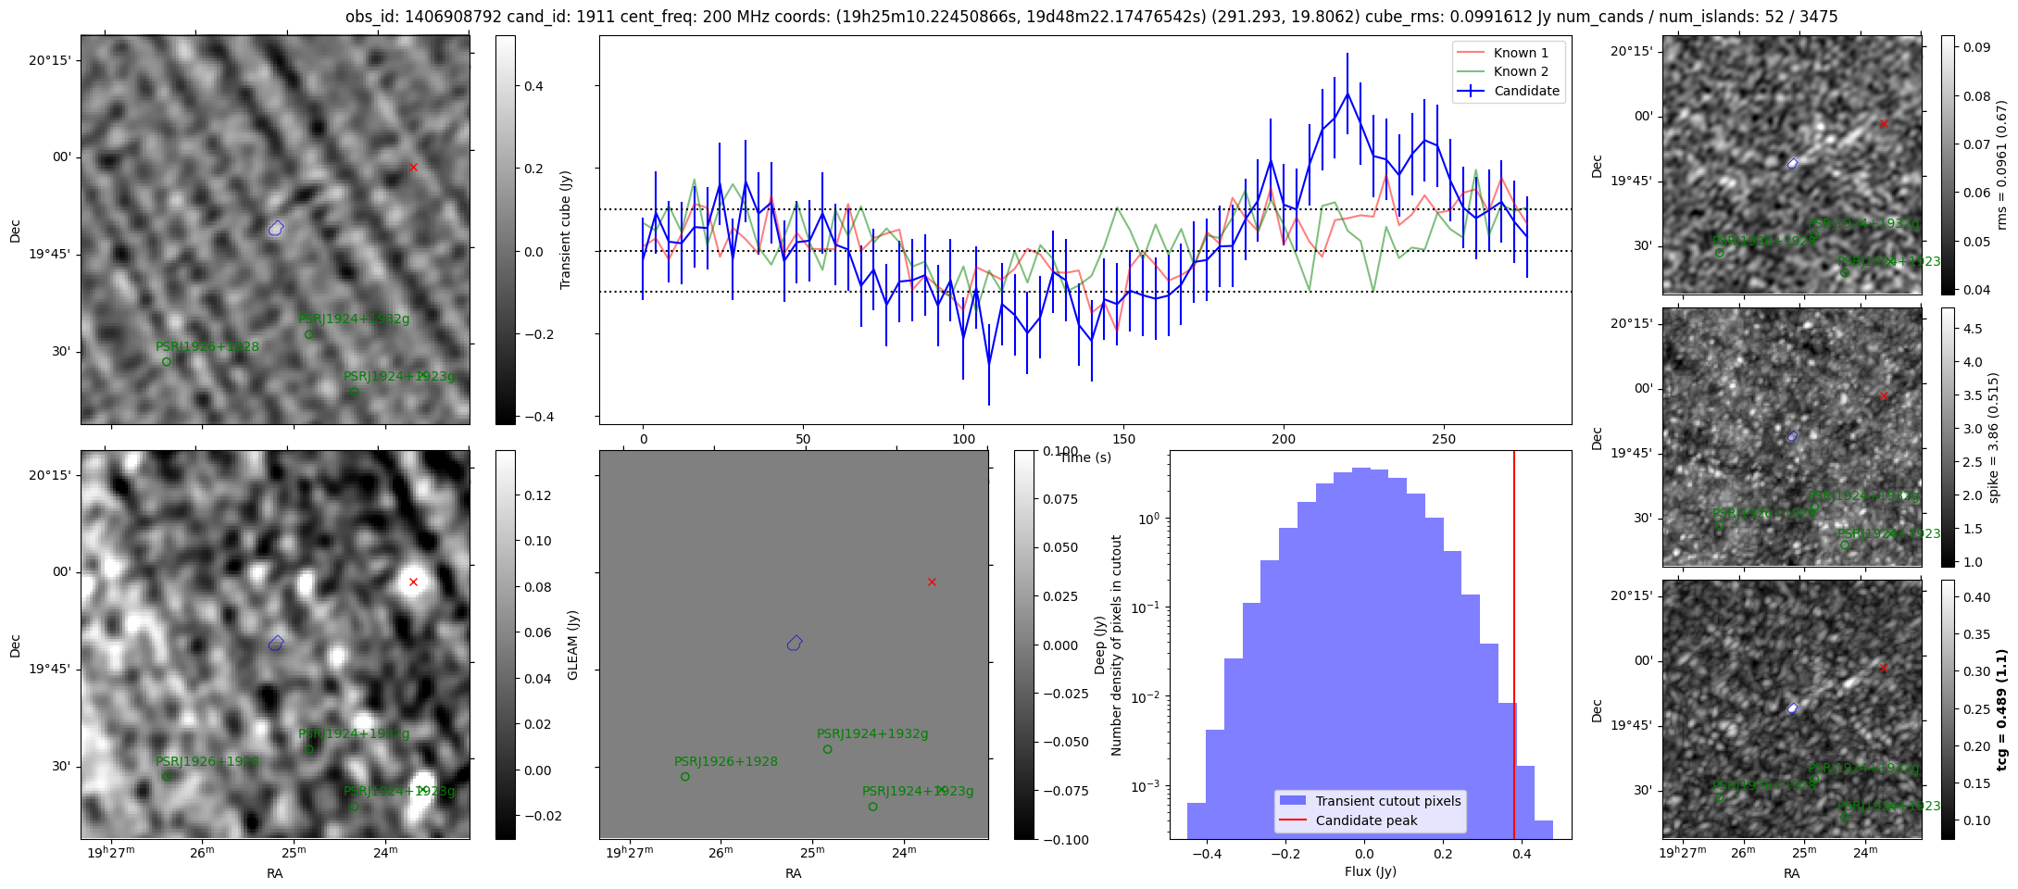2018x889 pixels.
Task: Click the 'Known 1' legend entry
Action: pos(1521,53)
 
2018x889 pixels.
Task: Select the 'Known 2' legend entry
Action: pos(1521,71)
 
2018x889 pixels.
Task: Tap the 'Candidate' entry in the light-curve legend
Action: pos(1526,91)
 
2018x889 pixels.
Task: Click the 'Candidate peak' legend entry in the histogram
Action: pos(1366,820)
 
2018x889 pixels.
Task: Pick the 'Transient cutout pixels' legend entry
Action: pos(1388,801)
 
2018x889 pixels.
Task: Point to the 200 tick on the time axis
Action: pos(1284,439)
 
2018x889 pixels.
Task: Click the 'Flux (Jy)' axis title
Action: pos(1370,871)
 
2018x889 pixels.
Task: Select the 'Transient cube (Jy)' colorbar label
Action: pos(566,230)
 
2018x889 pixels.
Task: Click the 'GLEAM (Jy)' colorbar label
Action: pos(572,645)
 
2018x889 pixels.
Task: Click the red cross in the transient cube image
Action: pos(413,168)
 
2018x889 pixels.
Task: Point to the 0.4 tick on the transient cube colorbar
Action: pos(533,86)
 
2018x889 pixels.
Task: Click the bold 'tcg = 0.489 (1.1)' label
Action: pos(2001,709)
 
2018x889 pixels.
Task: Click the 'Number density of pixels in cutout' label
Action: pos(1116,645)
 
